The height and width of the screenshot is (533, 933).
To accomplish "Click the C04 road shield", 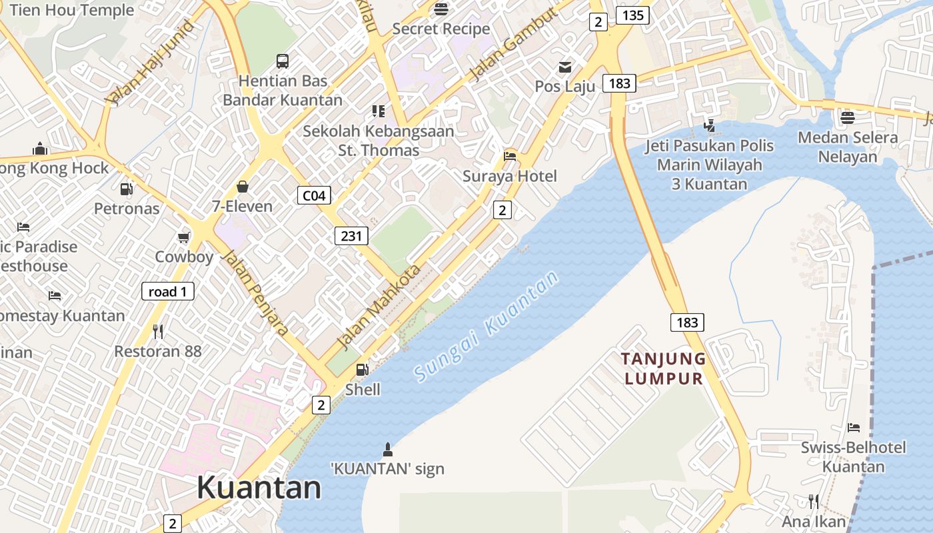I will pos(314,195).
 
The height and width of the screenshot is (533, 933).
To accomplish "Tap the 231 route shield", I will pos(351,235).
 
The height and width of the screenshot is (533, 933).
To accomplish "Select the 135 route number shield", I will pos(632,15).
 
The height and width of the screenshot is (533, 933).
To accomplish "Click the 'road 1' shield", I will pos(167,291).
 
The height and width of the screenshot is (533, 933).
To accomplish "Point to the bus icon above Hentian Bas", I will pos(283,61).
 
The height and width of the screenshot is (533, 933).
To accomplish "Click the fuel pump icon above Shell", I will pos(362,370).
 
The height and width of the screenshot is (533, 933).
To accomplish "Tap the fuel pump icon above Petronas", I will pos(126,189).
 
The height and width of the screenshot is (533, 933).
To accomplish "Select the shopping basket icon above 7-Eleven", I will pos(242,187).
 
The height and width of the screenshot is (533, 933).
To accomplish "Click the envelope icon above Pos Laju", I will pos(565,67).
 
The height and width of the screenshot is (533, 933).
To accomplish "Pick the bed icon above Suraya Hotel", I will pos(510,156).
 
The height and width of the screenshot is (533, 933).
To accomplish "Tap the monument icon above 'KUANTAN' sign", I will pos(387,448).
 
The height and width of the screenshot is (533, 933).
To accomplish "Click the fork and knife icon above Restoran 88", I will pos(158,331).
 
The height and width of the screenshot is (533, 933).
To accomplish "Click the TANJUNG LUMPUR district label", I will pos(664,368).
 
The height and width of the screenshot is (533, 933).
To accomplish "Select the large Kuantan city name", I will pos(259,488).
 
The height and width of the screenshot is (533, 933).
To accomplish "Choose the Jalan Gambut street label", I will pos(512,45).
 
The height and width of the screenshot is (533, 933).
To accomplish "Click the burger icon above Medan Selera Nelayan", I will pos(848,118).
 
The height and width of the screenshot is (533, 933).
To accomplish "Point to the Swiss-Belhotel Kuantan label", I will pos(853,456).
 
